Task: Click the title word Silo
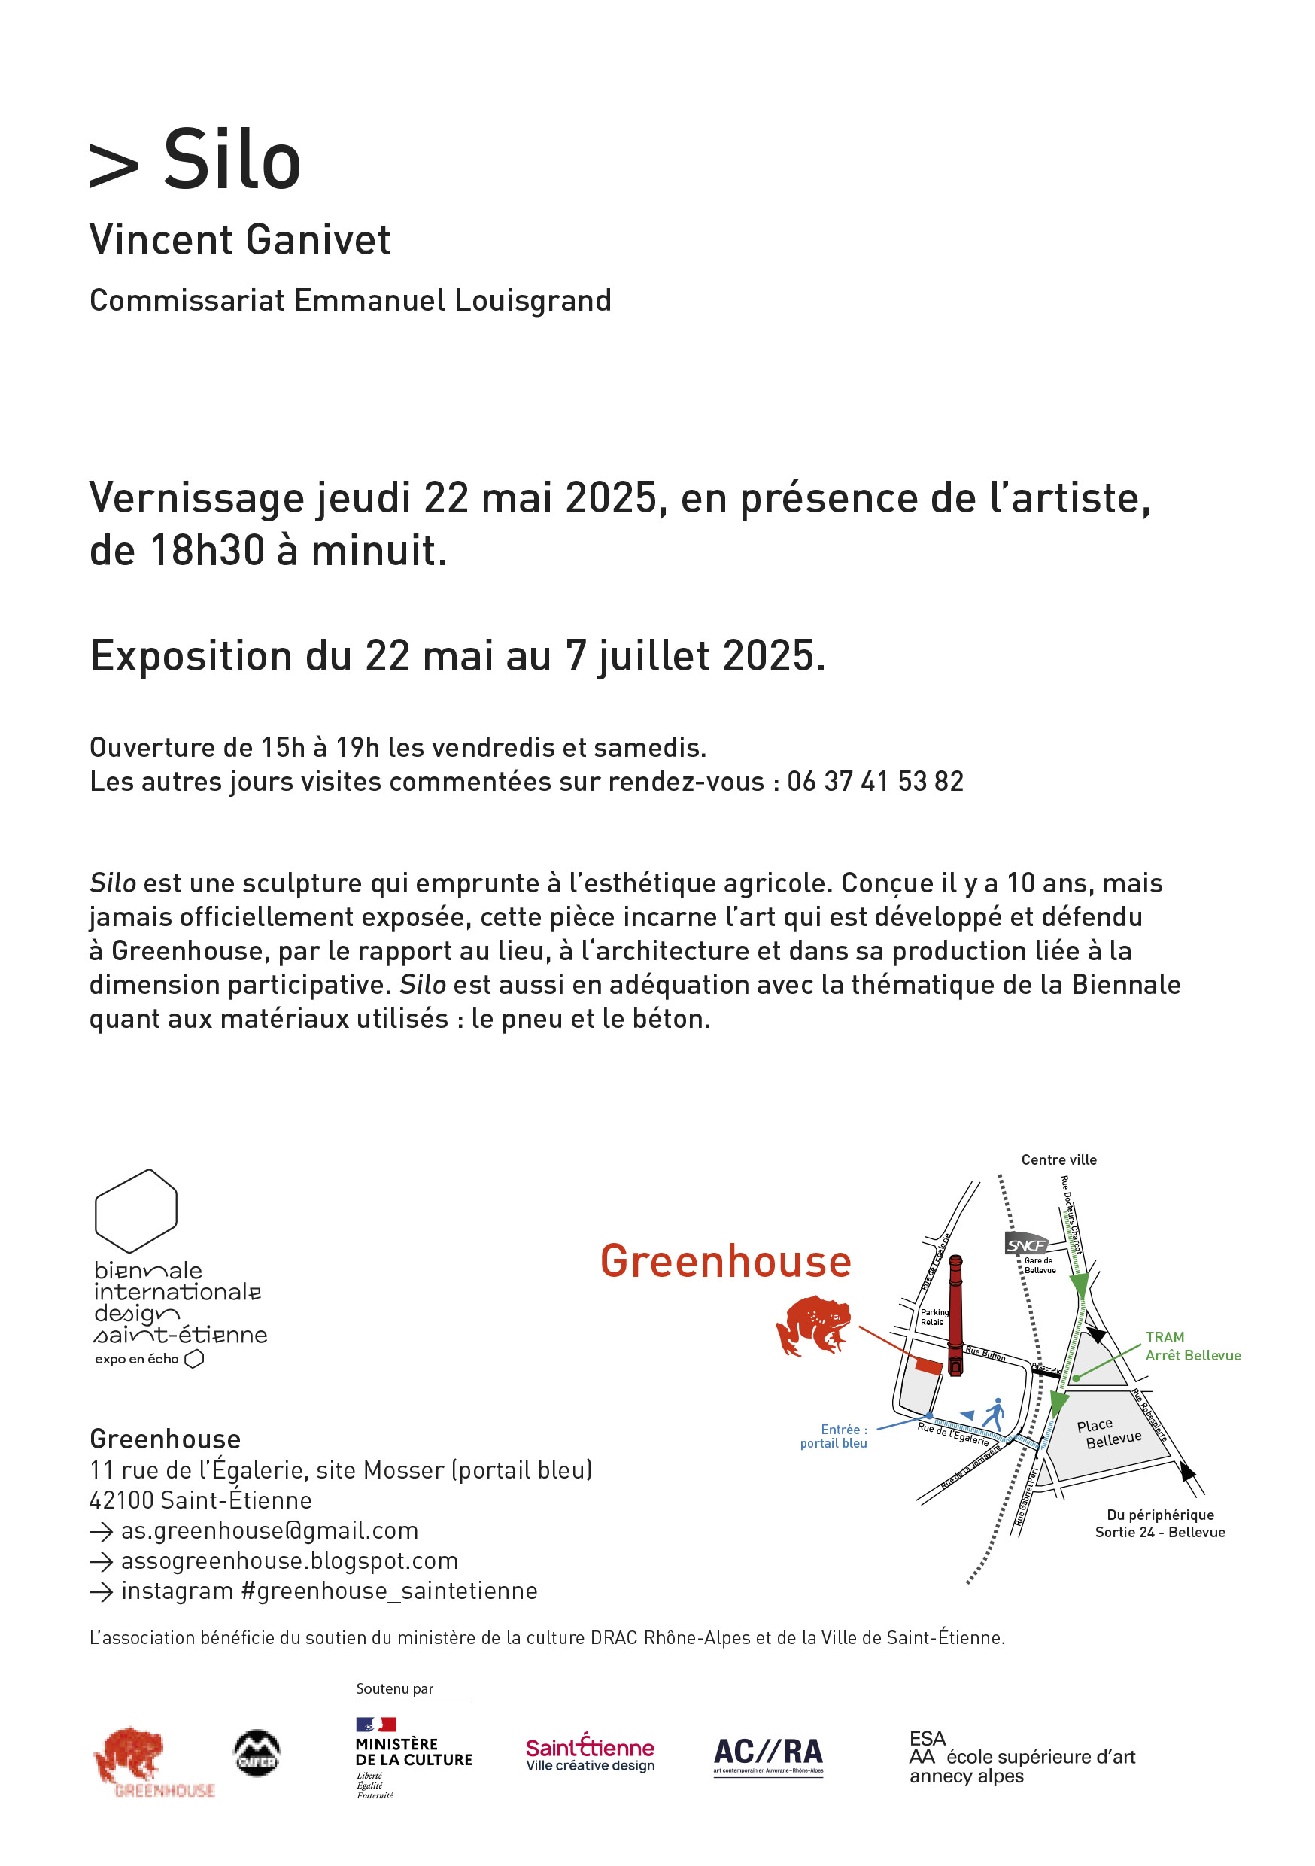(x=232, y=160)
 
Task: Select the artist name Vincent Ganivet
(x=240, y=240)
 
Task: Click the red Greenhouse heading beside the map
(x=725, y=1261)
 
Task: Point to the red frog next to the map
(x=812, y=1326)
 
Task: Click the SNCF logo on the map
(x=1025, y=1245)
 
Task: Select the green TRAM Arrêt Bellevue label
(x=1192, y=1346)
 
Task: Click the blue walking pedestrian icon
(x=994, y=1413)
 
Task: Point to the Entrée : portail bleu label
(x=835, y=1436)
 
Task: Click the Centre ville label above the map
(x=1058, y=1159)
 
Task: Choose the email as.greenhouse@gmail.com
(x=269, y=1530)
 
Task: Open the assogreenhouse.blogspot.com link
(x=290, y=1561)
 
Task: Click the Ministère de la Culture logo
(x=413, y=1755)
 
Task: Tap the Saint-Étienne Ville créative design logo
(x=589, y=1754)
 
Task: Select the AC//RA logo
(x=768, y=1755)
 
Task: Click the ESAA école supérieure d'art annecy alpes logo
(x=1021, y=1757)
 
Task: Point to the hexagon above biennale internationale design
(x=135, y=1210)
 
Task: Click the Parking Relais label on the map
(x=933, y=1317)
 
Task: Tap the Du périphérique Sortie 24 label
(x=1160, y=1523)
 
